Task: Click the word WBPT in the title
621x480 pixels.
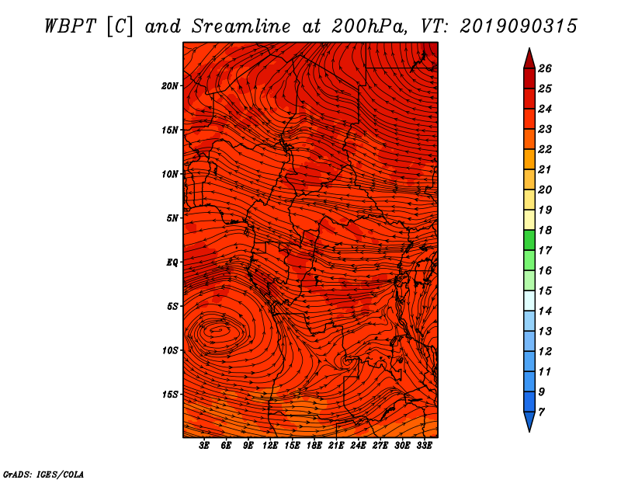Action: pos(70,26)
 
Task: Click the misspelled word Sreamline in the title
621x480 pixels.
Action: pos(241,26)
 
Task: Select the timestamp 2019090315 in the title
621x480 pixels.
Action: pos(519,26)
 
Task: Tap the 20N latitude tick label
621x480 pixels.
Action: pos(170,85)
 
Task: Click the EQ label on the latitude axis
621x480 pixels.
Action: pos(172,263)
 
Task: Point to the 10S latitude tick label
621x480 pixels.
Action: pos(170,350)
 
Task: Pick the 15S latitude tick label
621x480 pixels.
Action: pos(170,395)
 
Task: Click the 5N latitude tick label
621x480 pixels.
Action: pos(172,218)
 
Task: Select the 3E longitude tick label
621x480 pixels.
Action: pos(204,446)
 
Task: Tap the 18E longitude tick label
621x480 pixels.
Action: pos(314,446)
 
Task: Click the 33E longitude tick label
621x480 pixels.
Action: pos(424,446)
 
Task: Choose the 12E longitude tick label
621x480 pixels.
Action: pos(270,446)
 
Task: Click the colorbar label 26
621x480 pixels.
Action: pos(545,68)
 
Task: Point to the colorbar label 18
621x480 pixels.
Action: pos(545,230)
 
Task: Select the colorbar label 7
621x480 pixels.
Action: pos(541,412)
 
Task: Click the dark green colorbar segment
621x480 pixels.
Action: pos(529,240)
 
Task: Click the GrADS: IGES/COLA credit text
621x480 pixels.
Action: pos(43,475)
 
